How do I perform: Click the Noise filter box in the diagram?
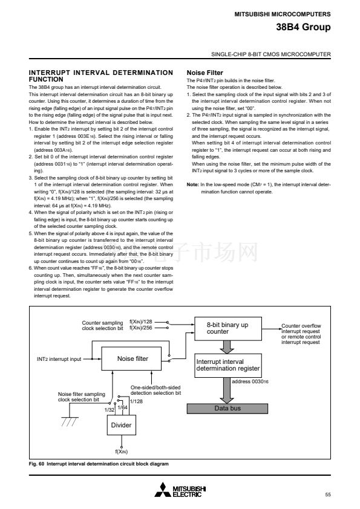pos(131,358)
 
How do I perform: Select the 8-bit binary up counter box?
pos(228,329)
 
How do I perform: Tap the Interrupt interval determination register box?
pos(227,366)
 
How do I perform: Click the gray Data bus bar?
pos(227,409)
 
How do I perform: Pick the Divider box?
pos(121,425)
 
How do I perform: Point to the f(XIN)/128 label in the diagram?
pos(141,322)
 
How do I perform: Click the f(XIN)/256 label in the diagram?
pos(141,328)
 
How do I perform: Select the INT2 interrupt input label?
pos(59,359)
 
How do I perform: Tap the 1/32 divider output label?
pos(110,410)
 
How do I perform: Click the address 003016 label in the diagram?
pos(250,381)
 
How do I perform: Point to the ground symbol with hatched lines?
pos(70,421)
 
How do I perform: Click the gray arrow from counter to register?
pos(227,347)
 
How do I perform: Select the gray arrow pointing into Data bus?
pos(227,391)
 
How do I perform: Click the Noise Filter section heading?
pos(205,73)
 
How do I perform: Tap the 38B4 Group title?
pos(303,27)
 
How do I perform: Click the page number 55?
pos(328,494)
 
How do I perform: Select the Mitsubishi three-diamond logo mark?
pos(163,490)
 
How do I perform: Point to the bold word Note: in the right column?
pos(192,184)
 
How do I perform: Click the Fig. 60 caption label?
pos(36,464)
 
